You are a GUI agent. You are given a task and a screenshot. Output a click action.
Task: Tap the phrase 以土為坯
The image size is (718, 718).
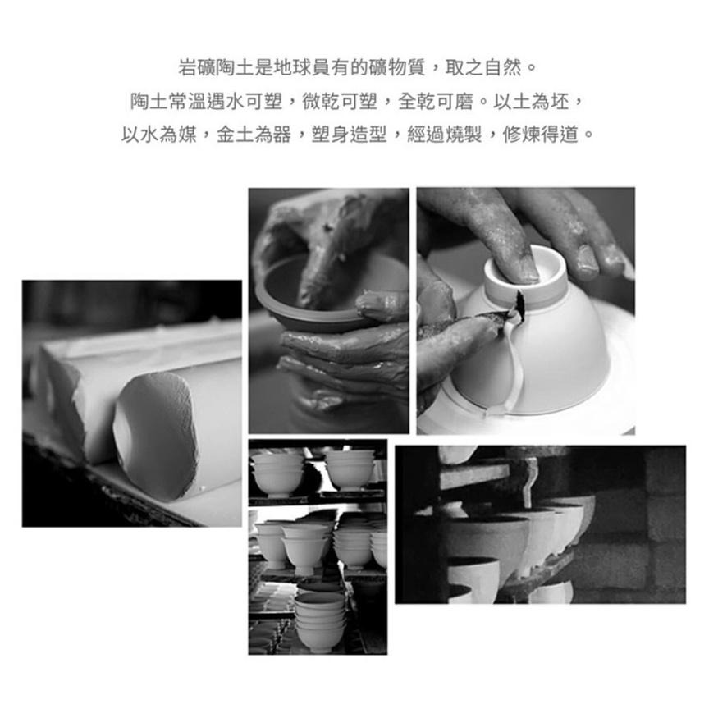(x=540, y=101)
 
